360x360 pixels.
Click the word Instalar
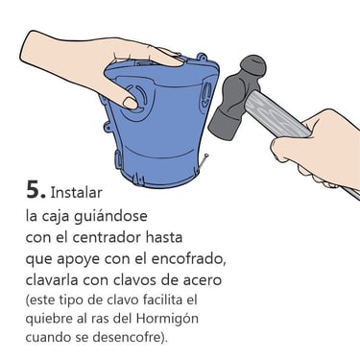coord(77,192)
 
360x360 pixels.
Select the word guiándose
coord(110,216)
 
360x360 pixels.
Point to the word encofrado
coord(188,259)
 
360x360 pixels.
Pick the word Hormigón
coord(167,319)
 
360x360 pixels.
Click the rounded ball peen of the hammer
coord(253,65)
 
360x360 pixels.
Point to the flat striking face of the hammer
coord(219,126)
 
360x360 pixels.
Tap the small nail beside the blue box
coord(204,161)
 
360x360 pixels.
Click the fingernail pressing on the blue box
coord(131,103)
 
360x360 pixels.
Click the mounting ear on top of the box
coord(201,58)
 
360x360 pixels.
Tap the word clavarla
coord(52,280)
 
